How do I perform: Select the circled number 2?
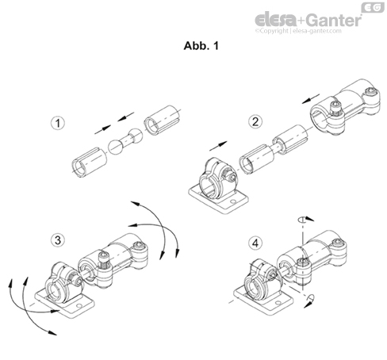255,121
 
